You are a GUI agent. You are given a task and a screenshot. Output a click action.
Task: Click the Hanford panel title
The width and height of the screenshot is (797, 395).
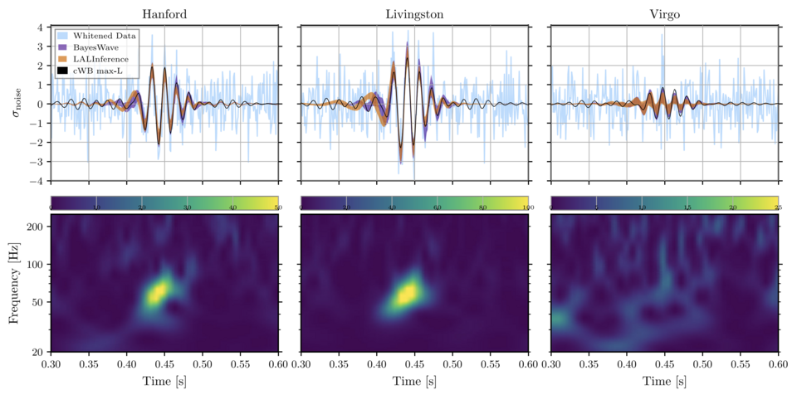click(164, 14)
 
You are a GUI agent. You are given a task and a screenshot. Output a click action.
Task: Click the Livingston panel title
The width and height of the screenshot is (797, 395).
click(414, 14)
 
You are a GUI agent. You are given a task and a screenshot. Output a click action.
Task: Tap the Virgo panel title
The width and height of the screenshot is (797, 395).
click(663, 14)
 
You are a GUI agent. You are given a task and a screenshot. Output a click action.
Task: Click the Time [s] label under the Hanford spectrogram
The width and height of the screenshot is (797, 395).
click(164, 383)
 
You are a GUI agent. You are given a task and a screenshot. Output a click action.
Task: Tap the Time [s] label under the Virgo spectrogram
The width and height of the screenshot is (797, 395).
click(663, 383)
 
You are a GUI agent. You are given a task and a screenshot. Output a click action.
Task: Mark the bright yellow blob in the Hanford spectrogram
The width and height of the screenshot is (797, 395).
click(158, 292)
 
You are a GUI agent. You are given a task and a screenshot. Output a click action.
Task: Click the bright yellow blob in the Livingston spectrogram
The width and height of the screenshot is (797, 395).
click(406, 294)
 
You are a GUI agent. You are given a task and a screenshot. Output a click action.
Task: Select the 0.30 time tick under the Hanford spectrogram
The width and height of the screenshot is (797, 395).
click(51, 364)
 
